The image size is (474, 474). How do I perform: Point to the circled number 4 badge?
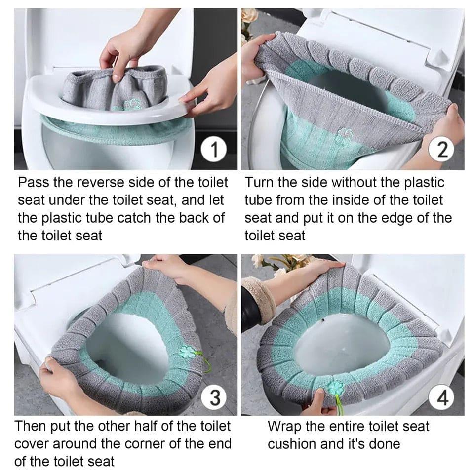click(442, 397)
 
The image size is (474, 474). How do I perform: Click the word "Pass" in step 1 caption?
click(33, 183)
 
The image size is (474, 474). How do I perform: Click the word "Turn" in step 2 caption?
click(260, 183)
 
